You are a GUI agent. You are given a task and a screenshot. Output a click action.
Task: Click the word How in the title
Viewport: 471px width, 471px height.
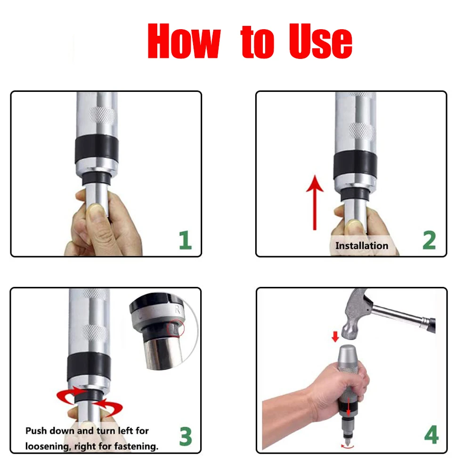184,41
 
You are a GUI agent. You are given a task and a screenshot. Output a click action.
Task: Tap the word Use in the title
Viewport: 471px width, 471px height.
320,41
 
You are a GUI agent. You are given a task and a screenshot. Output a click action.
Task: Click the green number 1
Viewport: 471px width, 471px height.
185,240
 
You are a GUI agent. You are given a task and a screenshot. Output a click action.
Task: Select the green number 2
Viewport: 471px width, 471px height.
429,240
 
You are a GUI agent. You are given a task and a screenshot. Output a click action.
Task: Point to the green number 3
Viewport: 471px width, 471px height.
185,436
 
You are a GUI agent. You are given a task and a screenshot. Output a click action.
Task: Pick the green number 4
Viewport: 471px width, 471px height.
431,434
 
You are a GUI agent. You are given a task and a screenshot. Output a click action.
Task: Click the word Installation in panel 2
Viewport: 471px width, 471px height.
362,246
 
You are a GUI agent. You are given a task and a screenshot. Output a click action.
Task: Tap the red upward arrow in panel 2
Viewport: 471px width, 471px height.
315,203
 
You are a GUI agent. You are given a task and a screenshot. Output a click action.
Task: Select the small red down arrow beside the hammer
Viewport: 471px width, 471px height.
335,336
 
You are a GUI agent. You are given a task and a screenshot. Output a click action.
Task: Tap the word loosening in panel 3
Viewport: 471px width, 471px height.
48,447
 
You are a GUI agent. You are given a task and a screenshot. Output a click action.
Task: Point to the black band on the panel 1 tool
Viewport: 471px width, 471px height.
97,150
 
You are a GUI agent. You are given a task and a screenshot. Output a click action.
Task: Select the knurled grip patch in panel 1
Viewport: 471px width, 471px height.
102,115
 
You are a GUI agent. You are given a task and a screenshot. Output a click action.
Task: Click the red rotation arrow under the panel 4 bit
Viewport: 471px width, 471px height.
348,447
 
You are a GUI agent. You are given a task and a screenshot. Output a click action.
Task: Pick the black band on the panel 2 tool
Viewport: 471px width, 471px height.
355,165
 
